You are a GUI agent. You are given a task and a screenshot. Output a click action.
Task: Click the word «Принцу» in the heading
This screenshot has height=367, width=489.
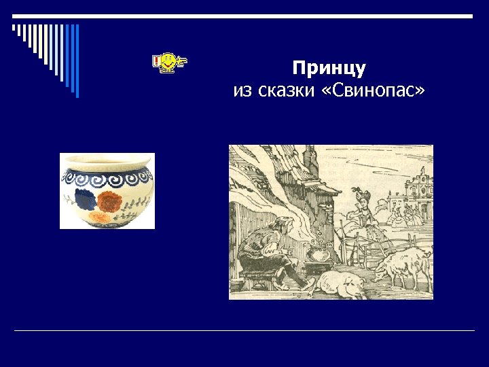tap(329, 69)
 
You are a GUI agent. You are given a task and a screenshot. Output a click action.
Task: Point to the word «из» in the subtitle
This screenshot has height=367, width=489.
tap(241, 90)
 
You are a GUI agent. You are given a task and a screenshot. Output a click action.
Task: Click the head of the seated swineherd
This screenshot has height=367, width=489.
tap(267, 224)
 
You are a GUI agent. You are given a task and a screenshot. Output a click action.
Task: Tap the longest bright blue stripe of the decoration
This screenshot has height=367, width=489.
tap(77, 60)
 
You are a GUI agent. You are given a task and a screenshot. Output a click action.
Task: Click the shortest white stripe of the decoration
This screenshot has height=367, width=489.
tap(14, 29)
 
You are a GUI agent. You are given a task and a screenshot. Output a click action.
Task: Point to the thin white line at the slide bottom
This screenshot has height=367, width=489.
tap(244, 331)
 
